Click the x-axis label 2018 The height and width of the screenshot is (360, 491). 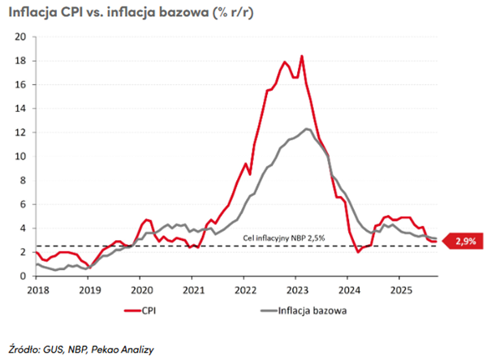37,289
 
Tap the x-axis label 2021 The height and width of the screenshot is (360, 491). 192,289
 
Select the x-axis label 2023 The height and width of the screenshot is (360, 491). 296,289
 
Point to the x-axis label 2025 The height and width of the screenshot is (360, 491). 400,289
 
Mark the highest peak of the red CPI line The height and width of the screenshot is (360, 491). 302,56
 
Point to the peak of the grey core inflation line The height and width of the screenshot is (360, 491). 307,128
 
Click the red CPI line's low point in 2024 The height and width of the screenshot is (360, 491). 359,252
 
